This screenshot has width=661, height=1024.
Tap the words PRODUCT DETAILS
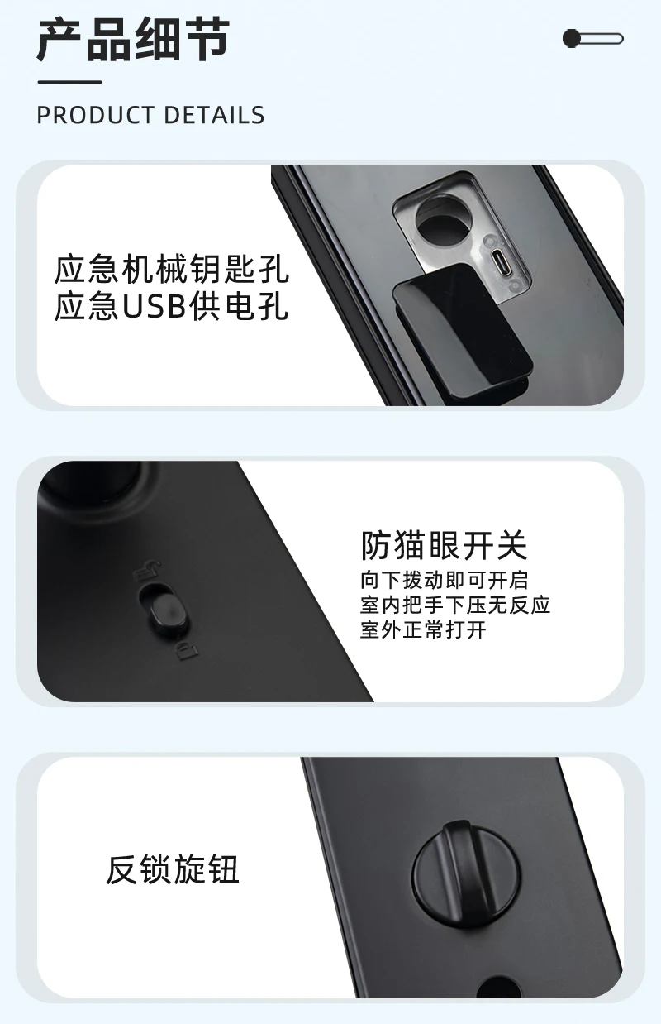coord(150,115)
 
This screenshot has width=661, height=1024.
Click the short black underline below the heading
coord(69,82)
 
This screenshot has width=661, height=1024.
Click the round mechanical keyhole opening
coord(439,221)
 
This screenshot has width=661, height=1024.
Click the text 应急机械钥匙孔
coord(172,270)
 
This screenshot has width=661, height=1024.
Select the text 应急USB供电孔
coord(172,307)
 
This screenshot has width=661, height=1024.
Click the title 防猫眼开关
coord(444,545)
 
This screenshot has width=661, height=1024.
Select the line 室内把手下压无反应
coord(455,605)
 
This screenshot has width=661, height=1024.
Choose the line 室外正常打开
coord(424,630)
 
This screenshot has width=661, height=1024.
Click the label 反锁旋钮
coord(173,870)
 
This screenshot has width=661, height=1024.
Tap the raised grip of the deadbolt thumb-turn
coord(458,860)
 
